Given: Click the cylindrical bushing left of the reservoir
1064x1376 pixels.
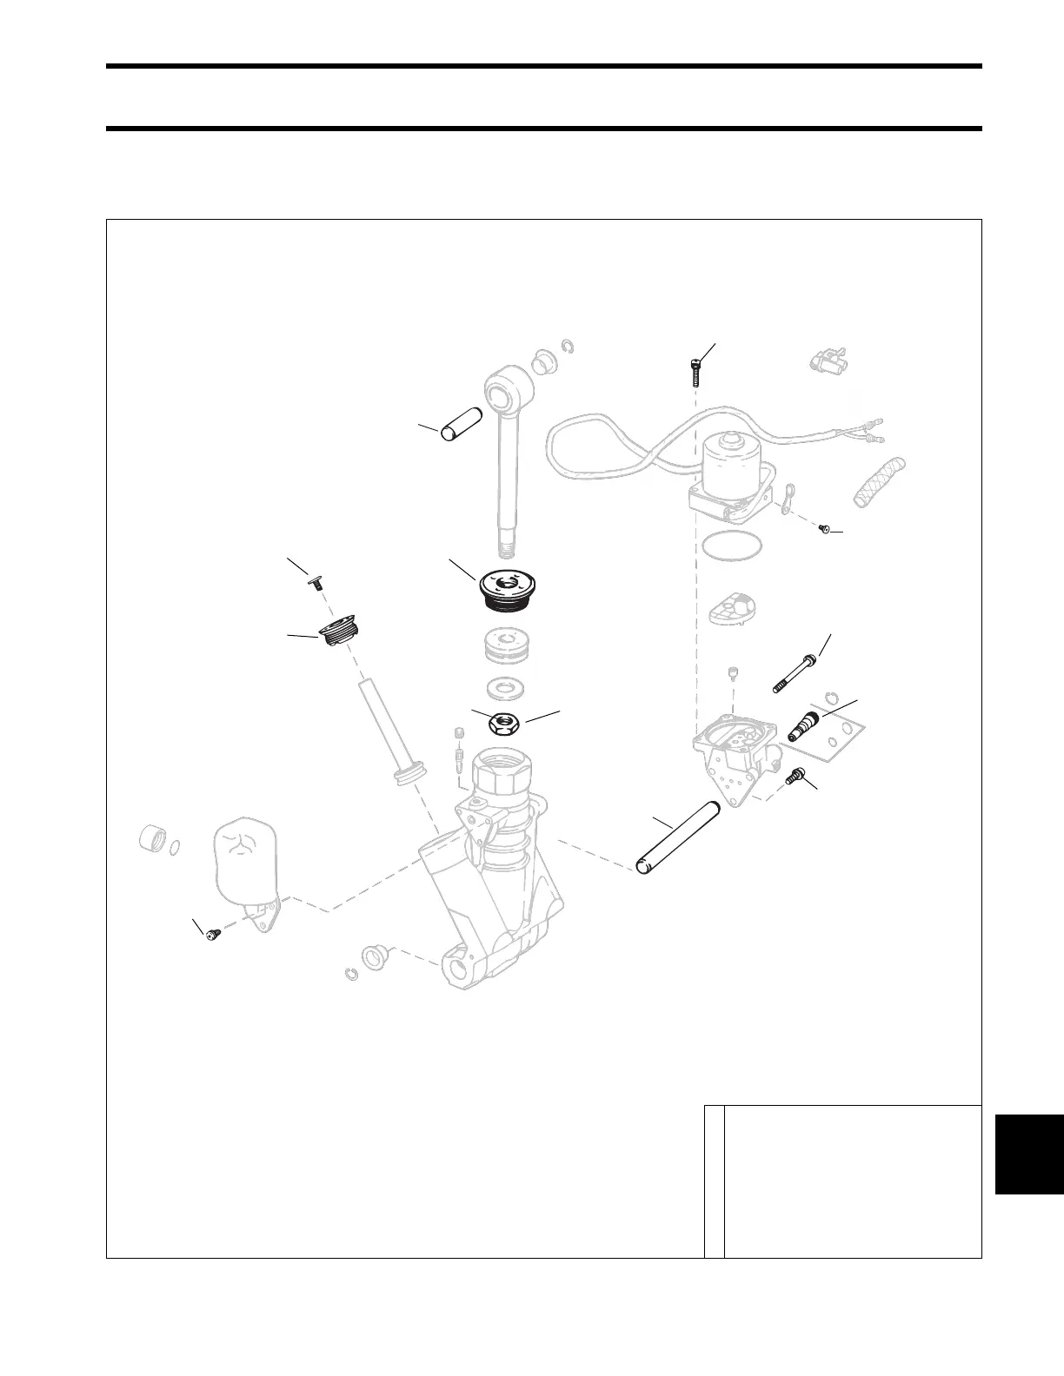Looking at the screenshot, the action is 153,840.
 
